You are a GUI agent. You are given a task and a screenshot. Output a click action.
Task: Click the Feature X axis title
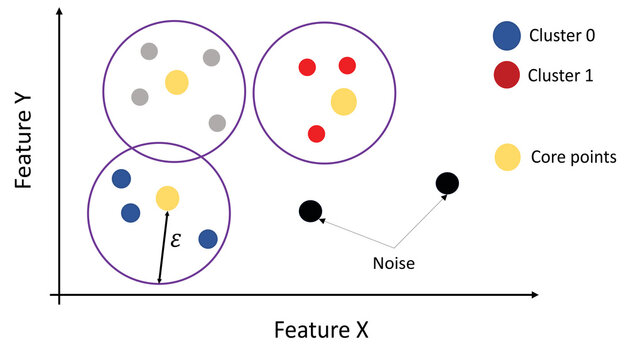coord(323,329)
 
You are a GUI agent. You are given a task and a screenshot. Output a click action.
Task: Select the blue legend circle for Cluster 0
coord(507,37)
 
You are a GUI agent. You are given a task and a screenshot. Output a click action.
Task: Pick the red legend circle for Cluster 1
coord(507,74)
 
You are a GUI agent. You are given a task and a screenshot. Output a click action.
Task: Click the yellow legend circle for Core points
coord(507,156)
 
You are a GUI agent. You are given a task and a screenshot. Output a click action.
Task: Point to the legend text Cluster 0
coord(564,37)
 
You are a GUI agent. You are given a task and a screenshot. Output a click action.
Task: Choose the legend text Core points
coord(571,157)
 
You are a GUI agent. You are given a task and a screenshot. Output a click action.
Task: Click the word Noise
coord(393,264)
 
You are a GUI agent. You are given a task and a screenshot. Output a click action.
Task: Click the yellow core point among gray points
coord(176,82)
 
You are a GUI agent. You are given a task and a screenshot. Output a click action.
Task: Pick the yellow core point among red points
coord(343,101)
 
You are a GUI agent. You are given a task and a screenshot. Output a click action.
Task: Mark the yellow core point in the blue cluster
coord(167,198)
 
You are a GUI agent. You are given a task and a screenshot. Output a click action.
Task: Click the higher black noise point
coord(447,183)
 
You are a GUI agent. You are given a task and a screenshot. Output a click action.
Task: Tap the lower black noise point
coord(310,211)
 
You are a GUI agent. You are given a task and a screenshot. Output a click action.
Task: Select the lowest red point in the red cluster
coord(316,133)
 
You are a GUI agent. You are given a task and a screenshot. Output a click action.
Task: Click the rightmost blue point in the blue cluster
coord(207,238)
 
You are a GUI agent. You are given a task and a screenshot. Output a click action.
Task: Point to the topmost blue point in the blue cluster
coord(121,179)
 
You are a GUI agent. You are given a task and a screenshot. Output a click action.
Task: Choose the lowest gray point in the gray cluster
coord(216,123)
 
